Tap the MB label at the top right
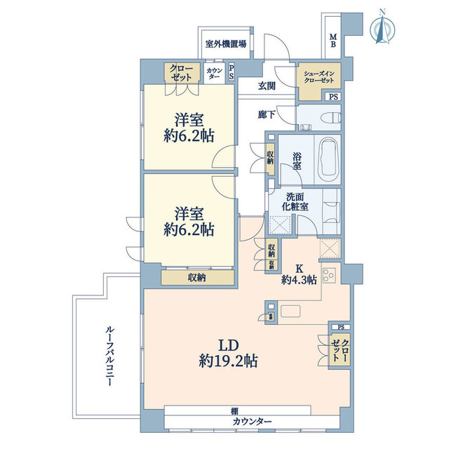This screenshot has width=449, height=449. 333,41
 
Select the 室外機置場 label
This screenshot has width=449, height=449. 225,43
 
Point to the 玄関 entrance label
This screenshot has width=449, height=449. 267,87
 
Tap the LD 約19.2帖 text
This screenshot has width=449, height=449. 229,354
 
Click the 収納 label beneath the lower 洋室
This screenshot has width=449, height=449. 196,278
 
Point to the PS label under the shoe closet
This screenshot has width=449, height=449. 333,97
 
